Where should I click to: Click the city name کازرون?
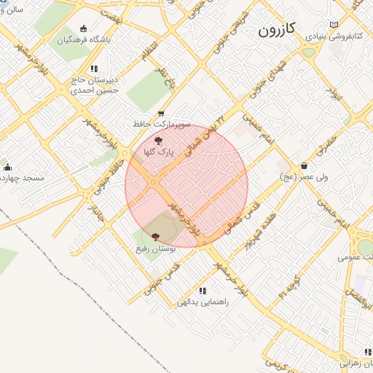(276, 29)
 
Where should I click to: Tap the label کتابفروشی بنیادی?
(339, 34)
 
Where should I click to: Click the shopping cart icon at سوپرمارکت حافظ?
(160, 113)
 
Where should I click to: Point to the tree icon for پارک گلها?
(159, 141)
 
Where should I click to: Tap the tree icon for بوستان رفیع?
(154, 236)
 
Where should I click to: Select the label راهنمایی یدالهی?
(200, 302)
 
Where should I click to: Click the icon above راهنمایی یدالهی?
(201, 290)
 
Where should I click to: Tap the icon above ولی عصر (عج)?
(304, 165)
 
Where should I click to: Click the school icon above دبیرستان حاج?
(93, 68)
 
